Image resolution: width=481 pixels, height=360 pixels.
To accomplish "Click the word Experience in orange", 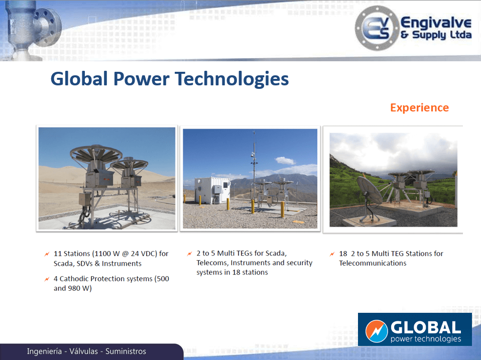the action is click(x=419, y=108).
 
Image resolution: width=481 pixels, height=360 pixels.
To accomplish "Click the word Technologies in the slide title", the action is click(x=232, y=79).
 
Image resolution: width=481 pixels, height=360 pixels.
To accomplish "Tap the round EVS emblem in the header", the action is click(x=377, y=28).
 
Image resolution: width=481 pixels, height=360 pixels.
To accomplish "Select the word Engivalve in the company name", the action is click(x=436, y=23).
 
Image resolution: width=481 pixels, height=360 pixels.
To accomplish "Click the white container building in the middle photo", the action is click(x=212, y=190).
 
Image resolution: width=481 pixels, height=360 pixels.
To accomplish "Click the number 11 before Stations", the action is click(x=58, y=254).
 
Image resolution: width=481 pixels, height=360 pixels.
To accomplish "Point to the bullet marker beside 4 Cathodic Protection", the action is click(x=47, y=279).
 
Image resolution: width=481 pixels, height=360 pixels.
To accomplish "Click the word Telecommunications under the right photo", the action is click(x=373, y=263).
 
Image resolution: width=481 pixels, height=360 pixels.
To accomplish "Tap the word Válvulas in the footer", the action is click(x=83, y=351).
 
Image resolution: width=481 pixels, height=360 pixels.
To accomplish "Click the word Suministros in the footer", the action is click(x=126, y=351).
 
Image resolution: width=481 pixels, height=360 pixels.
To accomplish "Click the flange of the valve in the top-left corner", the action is click(x=49, y=27).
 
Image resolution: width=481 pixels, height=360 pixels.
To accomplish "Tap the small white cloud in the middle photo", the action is click(x=285, y=160).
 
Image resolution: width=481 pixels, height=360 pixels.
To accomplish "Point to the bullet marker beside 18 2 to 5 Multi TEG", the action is click(x=332, y=254).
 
